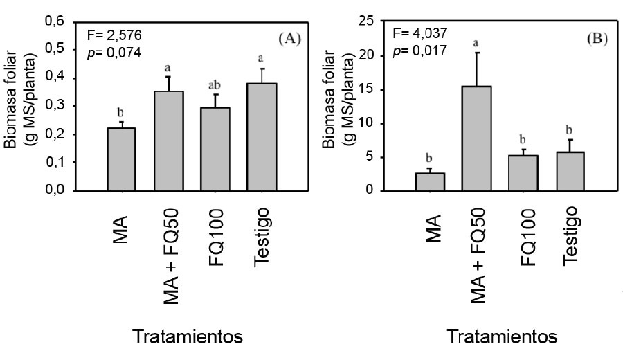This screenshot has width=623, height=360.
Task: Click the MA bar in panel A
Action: coord(122,159)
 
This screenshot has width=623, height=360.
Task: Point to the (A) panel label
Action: coord(289,39)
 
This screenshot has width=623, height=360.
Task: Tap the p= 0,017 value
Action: coord(419,50)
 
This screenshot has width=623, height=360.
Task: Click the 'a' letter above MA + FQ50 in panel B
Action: coord(476,44)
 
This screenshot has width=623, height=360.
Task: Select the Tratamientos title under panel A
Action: coord(188,337)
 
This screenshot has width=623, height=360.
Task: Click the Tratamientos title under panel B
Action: coord(502,337)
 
